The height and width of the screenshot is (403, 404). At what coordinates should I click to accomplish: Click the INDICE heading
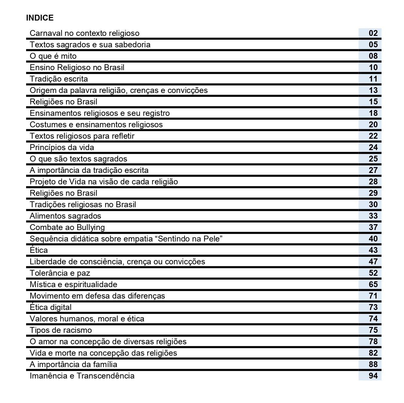(40, 18)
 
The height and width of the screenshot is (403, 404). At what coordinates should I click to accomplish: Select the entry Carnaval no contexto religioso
(84, 33)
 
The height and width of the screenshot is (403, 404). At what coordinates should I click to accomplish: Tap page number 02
(373, 33)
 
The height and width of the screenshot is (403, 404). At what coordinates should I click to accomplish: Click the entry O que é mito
(53, 56)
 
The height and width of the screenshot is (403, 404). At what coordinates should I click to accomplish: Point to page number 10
(373, 68)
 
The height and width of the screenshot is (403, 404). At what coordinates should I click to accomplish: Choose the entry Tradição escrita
(59, 79)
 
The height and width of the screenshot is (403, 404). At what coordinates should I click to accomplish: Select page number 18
(373, 113)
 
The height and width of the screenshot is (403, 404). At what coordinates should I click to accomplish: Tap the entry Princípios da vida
(62, 147)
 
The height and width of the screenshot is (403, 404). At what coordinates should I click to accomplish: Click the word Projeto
(41, 182)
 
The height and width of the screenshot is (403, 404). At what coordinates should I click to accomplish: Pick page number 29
(373, 193)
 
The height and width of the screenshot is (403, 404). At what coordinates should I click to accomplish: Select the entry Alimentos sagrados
(66, 216)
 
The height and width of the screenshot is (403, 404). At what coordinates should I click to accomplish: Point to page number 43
(373, 250)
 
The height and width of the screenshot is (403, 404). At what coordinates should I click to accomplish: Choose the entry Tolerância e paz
(60, 273)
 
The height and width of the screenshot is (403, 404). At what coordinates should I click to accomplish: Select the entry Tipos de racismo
(61, 330)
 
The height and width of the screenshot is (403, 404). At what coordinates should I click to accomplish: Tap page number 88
(373, 364)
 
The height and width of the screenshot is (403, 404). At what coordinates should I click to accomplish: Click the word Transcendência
(105, 376)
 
